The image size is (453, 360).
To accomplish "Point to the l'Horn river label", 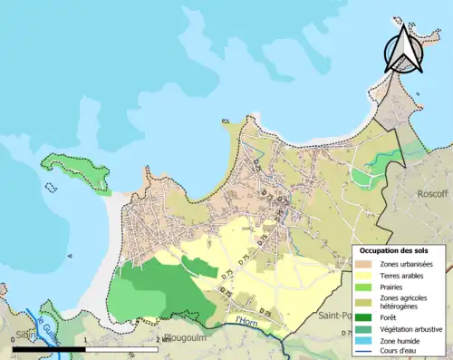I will coord(247,320).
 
